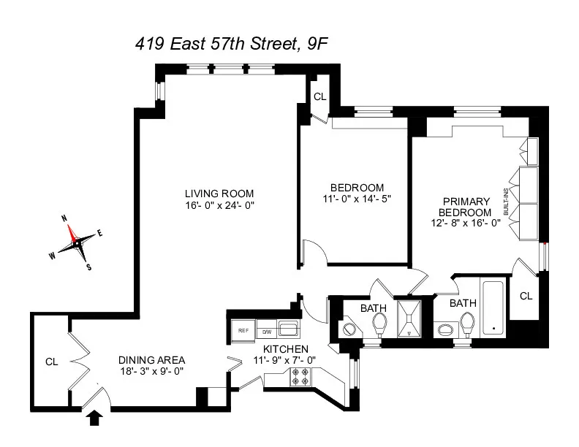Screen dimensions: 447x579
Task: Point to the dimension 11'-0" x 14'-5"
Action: (353, 199)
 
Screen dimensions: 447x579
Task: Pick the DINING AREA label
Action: (152, 360)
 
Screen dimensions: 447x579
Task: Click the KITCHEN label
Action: (286, 349)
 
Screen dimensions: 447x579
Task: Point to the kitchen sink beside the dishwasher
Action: (287, 329)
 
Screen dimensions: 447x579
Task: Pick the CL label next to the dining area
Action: (51, 361)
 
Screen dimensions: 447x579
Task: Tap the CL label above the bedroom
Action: (319, 96)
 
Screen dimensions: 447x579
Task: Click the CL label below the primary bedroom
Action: (525, 295)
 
